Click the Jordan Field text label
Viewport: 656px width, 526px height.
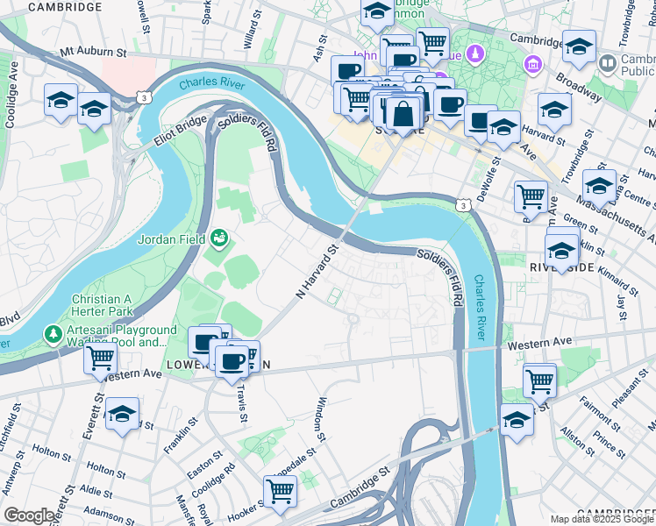[170, 238]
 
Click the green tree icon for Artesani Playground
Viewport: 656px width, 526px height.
[54, 334]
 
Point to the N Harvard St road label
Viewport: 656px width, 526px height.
[317, 273]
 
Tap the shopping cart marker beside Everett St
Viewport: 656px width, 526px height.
[101, 357]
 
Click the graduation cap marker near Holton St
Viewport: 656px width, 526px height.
[123, 412]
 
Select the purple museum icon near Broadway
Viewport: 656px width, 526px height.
[532, 64]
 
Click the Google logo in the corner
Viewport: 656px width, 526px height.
[29, 515]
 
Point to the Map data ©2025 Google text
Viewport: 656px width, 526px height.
[602, 519]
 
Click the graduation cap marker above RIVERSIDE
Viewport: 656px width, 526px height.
[561, 246]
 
